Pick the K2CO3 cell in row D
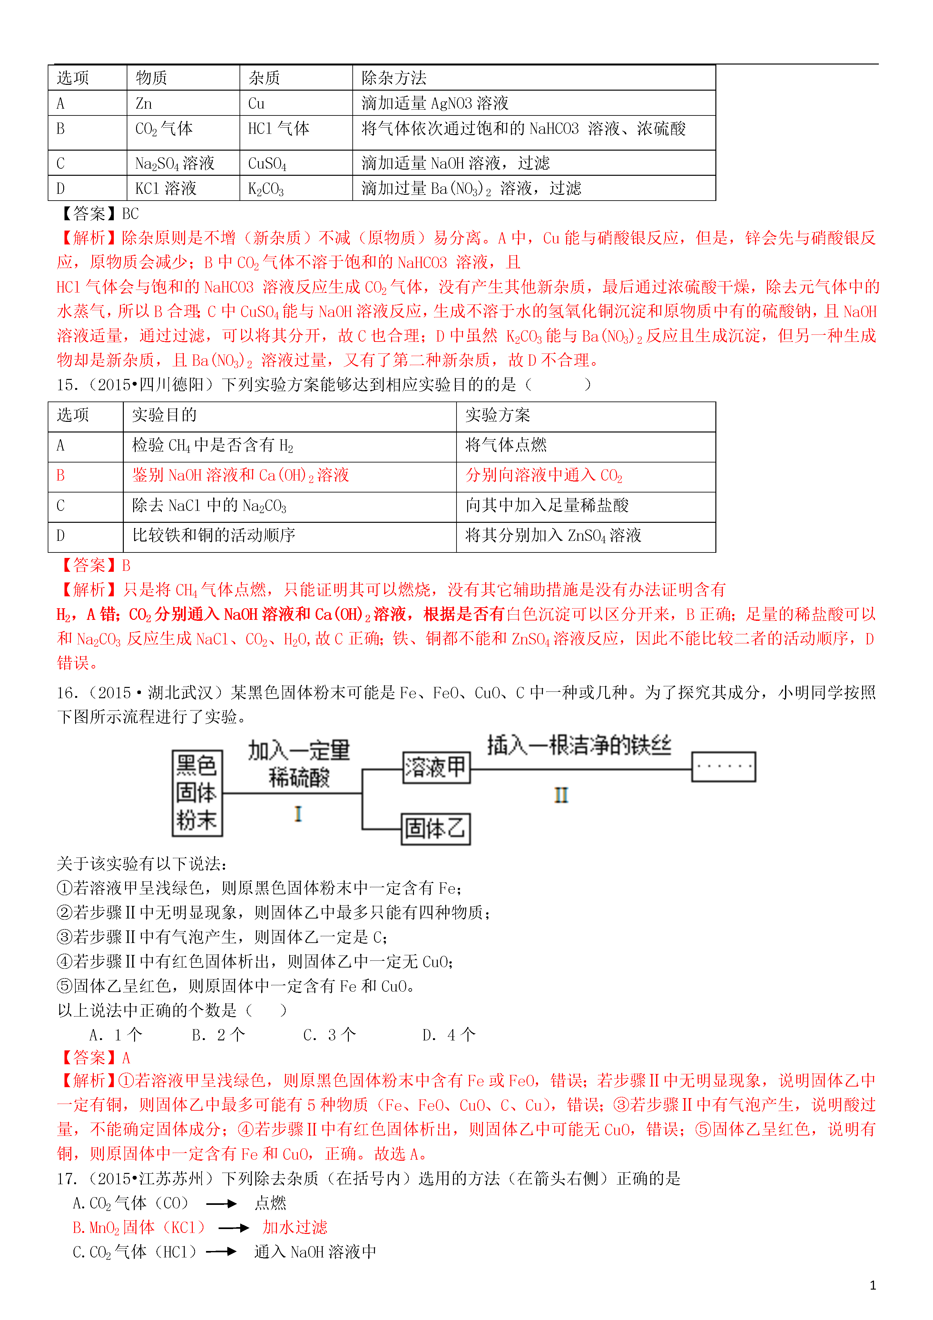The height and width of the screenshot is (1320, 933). [x=266, y=189]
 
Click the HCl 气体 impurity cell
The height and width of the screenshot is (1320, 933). [x=279, y=129]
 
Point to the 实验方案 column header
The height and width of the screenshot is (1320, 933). [x=498, y=415]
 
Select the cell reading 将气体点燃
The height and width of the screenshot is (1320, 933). [x=506, y=445]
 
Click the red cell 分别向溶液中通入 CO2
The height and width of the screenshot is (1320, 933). [x=544, y=475]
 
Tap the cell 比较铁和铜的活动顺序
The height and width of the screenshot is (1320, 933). [x=214, y=536]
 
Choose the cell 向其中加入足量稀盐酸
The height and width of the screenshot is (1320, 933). [x=547, y=505]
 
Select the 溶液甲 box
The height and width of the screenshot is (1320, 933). [x=436, y=767]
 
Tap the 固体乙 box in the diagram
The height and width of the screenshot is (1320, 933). [x=435, y=829]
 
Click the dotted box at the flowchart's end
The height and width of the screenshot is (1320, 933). [x=723, y=766]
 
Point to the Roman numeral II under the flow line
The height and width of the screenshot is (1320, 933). [x=561, y=795]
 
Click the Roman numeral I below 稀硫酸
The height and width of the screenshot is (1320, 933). [x=298, y=813]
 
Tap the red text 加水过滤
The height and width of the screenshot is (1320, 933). [x=295, y=1227]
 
